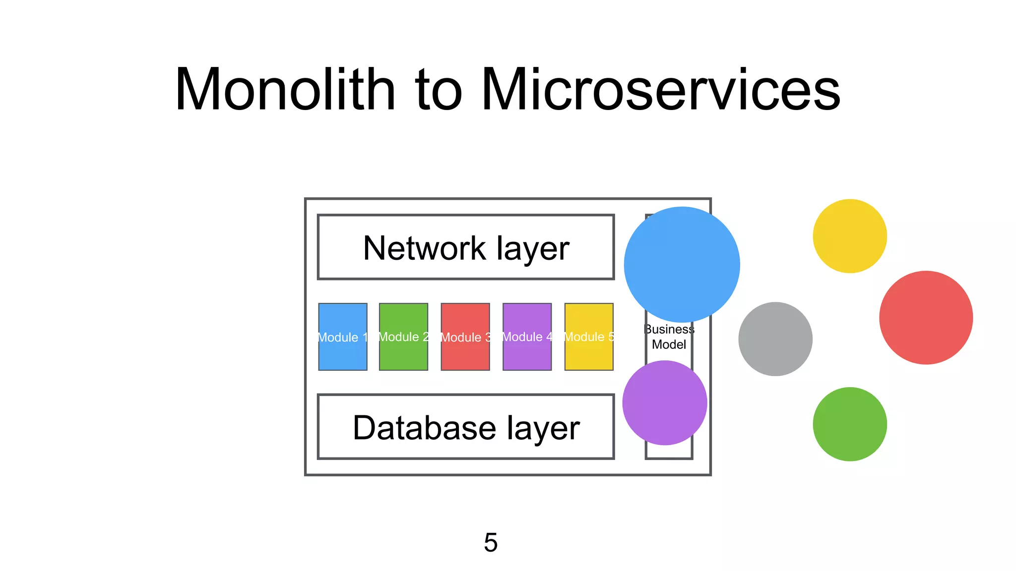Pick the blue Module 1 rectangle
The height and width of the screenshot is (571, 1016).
pos(342,337)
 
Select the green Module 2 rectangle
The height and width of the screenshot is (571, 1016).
pos(403,337)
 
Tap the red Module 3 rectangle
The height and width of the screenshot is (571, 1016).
pos(465,337)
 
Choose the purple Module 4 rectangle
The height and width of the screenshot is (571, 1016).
pos(527,337)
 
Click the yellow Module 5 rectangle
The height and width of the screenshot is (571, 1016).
pos(589,337)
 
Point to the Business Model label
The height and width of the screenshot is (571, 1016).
pos(669,337)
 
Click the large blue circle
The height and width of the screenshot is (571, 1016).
pos(682,264)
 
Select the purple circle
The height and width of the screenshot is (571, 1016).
pos(664,402)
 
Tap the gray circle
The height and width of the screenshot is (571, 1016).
pos(775,339)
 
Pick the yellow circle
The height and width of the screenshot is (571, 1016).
pos(849,236)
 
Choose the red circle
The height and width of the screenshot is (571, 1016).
pos(926,317)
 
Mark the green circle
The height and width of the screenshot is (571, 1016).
pos(849,424)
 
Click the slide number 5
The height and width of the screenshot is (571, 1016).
pos(490,542)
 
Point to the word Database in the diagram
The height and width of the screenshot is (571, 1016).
pos(424,428)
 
